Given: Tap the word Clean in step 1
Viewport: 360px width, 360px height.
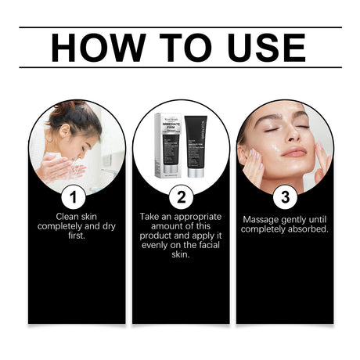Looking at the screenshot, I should point(69,215).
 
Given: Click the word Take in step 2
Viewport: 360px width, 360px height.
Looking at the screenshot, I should point(152,215).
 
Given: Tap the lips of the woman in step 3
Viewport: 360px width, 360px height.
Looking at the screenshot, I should point(293,151).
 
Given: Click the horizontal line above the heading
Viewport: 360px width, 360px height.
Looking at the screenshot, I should point(180,27).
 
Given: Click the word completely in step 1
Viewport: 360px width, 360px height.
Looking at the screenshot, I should point(59,225).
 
